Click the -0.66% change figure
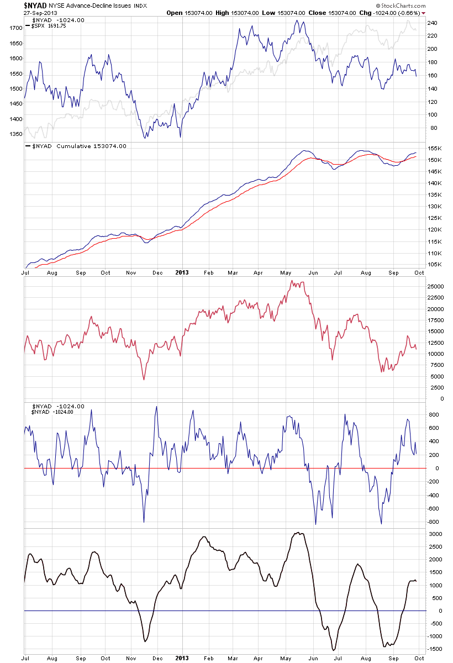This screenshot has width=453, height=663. [408, 13]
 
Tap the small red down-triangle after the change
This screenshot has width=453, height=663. [423, 13]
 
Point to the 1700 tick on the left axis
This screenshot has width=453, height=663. [15, 28]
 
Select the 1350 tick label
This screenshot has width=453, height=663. [15, 134]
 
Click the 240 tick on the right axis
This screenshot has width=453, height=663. [432, 23]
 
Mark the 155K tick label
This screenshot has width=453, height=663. [434, 149]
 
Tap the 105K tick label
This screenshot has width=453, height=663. [434, 264]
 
